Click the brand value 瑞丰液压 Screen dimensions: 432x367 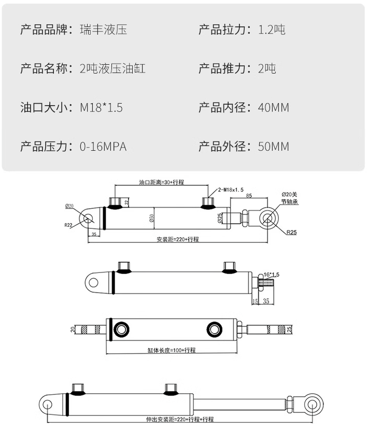pyautogui.click(x=103, y=30)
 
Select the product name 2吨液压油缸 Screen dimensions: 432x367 pyautogui.click(x=112, y=68)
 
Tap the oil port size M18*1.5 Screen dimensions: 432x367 pyautogui.click(x=101, y=108)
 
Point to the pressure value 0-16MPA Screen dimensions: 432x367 pyautogui.click(x=103, y=147)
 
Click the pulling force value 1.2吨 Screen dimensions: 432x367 pyautogui.click(x=272, y=30)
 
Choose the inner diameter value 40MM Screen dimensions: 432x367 pyautogui.click(x=274, y=108)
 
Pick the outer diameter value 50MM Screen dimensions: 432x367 pyautogui.click(x=274, y=147)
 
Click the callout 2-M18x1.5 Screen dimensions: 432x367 pyautogui.click(x=231, y=190)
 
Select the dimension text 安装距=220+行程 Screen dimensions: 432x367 pyautogui.click(x=177, y=240)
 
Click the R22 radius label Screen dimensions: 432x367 pyautogui.click(x=68, y=225)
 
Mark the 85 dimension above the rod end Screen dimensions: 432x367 pyautogui.click(x=249, y=196)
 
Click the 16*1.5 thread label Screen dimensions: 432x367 pyautogui.click(x=272, y=274)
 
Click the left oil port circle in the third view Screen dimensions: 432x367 pyautogui.click(x=122, y=328)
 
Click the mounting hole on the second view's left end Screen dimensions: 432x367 pyautogui.click(x=93, y=282)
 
